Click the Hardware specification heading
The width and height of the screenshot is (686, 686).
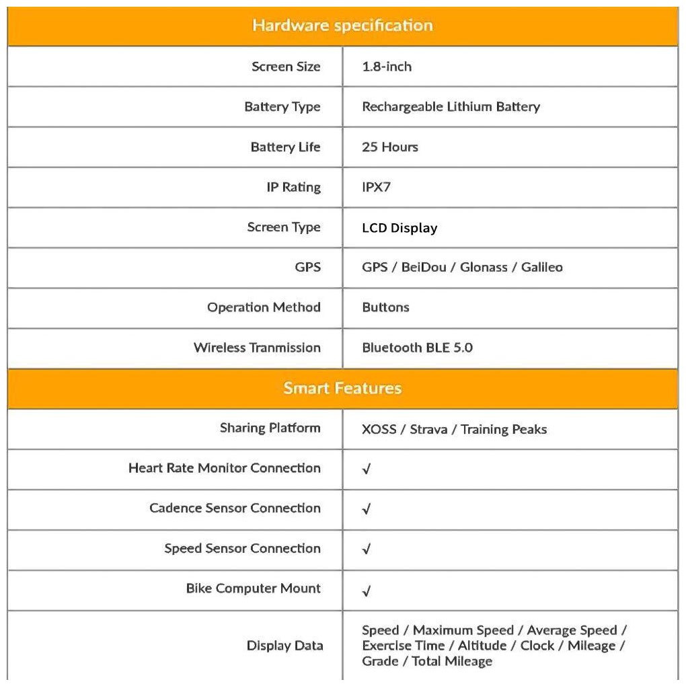342,26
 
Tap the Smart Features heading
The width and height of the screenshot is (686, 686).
342,388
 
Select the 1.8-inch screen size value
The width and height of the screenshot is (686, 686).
387,67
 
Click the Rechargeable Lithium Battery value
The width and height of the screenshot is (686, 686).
451,106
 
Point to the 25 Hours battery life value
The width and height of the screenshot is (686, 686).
390,147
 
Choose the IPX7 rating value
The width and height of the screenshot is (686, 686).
376,187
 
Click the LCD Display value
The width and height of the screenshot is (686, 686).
399,228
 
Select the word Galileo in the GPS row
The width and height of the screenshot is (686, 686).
541,267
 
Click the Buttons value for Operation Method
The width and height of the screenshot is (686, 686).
385,307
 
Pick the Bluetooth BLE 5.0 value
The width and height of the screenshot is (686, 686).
417,348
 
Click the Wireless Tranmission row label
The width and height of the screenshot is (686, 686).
257,348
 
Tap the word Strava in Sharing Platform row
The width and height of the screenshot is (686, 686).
428,429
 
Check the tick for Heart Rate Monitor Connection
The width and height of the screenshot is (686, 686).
367,469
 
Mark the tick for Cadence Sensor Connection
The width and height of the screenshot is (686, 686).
367,510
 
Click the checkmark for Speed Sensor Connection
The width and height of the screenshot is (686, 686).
367,550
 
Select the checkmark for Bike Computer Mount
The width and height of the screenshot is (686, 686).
367,591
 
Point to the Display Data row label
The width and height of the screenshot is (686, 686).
284,646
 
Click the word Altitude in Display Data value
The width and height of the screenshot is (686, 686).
482,646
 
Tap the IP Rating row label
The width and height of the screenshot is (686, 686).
293,187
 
